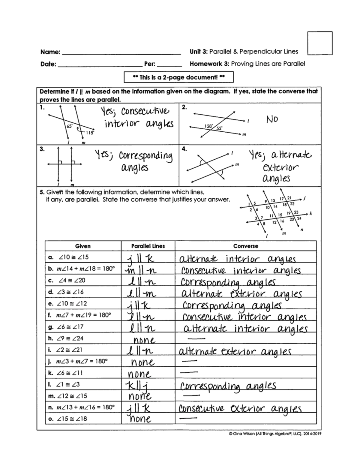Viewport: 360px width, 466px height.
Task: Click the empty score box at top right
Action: coord(320,43)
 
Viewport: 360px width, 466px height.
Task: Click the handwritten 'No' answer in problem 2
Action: coord(272,119)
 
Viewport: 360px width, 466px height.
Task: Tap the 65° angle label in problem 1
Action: coord(69,127)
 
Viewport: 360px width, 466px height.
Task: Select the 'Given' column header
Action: coord(83,246)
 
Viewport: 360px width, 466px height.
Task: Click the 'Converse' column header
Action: coord(245,246)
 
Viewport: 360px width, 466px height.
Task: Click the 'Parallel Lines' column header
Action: coord(148,246)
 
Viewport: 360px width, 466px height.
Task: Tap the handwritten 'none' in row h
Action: coord(144,340)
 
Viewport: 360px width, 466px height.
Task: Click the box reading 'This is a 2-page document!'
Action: coord(178,77)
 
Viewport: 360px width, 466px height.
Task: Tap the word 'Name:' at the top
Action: coord(50,52)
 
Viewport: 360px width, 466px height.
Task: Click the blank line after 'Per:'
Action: coord(169,64)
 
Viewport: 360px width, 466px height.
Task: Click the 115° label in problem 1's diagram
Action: coord(90,132)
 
